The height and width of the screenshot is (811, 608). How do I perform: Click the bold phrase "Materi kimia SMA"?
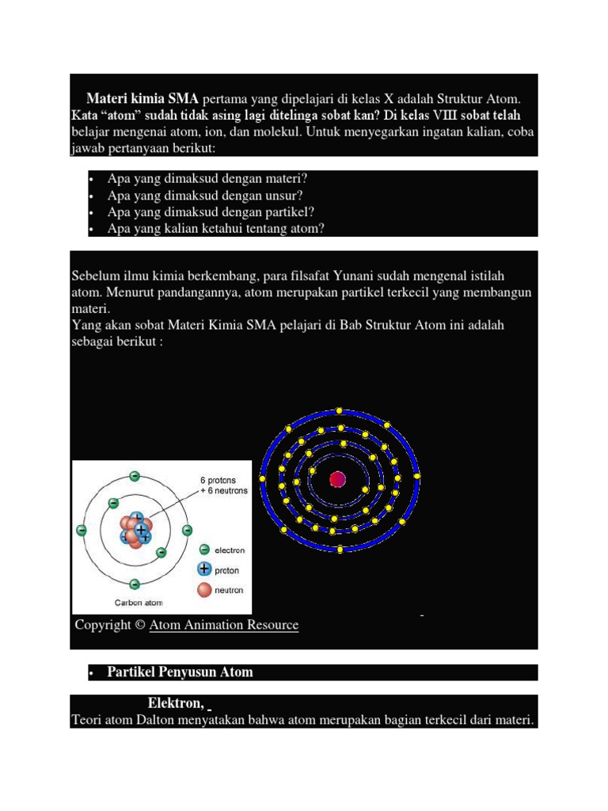click(142, 99)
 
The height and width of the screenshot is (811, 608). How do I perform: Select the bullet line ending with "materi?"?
click(207, 179)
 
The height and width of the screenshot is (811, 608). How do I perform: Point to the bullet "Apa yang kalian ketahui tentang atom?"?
click(215, 229)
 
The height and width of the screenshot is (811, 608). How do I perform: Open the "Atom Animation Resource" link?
click(223, 625)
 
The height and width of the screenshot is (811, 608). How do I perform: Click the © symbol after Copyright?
click(139, 625)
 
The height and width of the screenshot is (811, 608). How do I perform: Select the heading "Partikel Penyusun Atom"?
click(180, 672)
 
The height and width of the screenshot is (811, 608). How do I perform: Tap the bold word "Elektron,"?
click(175, 703)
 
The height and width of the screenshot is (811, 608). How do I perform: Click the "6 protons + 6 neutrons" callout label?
click(223, 485)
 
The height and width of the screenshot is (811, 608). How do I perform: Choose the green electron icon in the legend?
click(204, 550)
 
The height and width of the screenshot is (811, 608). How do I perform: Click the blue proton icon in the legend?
click(204, 569)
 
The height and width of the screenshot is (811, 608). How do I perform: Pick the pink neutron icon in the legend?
click(204, 590)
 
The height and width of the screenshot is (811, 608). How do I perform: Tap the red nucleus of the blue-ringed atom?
click(338, 479)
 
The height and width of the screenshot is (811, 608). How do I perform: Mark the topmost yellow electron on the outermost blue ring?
click(339, 410)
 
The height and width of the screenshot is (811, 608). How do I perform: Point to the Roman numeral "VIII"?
click(452, 116)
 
